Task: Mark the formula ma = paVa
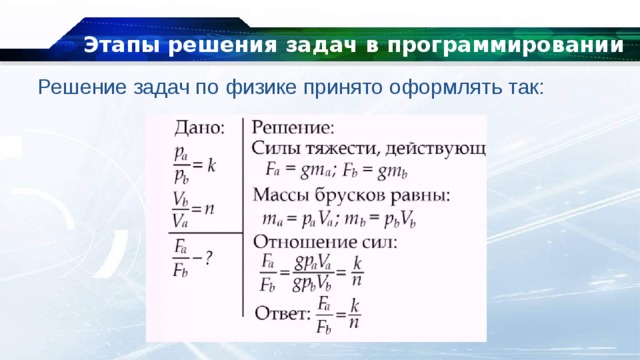(x=303, y=218)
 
